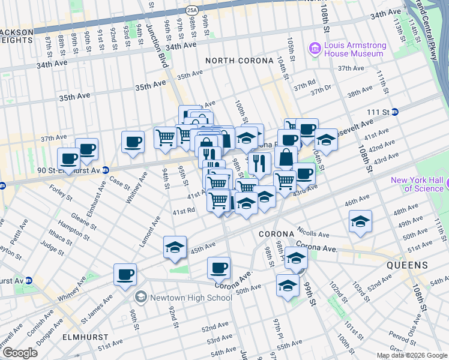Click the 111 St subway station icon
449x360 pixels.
tap(394, 112)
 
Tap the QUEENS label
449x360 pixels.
tap(407, 265)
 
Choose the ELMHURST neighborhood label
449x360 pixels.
tap(85, 337)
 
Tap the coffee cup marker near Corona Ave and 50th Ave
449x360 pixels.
tap(218, 267)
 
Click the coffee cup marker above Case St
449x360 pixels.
tap(133, 142)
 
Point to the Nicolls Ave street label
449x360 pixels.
tap(314, 235)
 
